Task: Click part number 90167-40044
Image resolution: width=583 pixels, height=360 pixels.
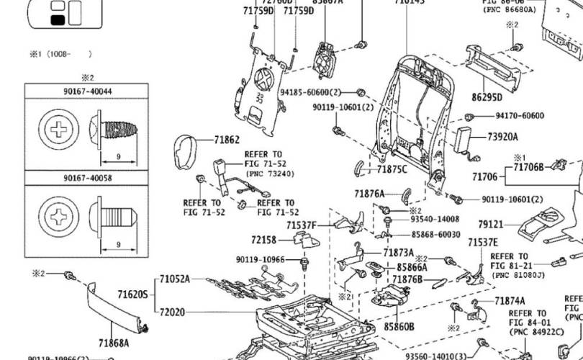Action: click(87, 91)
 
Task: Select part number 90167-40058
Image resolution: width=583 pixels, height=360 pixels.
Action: click(87, 177)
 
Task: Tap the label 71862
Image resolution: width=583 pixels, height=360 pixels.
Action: click(227, 140)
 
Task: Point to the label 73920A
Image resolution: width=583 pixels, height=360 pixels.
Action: click(502, 137)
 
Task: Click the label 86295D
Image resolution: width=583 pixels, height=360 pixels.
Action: click(487, 96)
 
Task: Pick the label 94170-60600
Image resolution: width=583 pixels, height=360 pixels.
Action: click(519, 115)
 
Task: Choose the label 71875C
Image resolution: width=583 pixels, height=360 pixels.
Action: click(392, 170)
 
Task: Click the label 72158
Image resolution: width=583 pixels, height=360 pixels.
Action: click(264, 240)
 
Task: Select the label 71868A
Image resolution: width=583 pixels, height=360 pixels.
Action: click(114, 343)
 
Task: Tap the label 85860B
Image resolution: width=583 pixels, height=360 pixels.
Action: click(399, 326)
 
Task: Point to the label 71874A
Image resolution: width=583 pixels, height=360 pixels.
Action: click(510, 301)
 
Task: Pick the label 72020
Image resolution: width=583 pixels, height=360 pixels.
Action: click(173, 312)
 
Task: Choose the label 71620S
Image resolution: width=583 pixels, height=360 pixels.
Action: click(132, 294)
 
